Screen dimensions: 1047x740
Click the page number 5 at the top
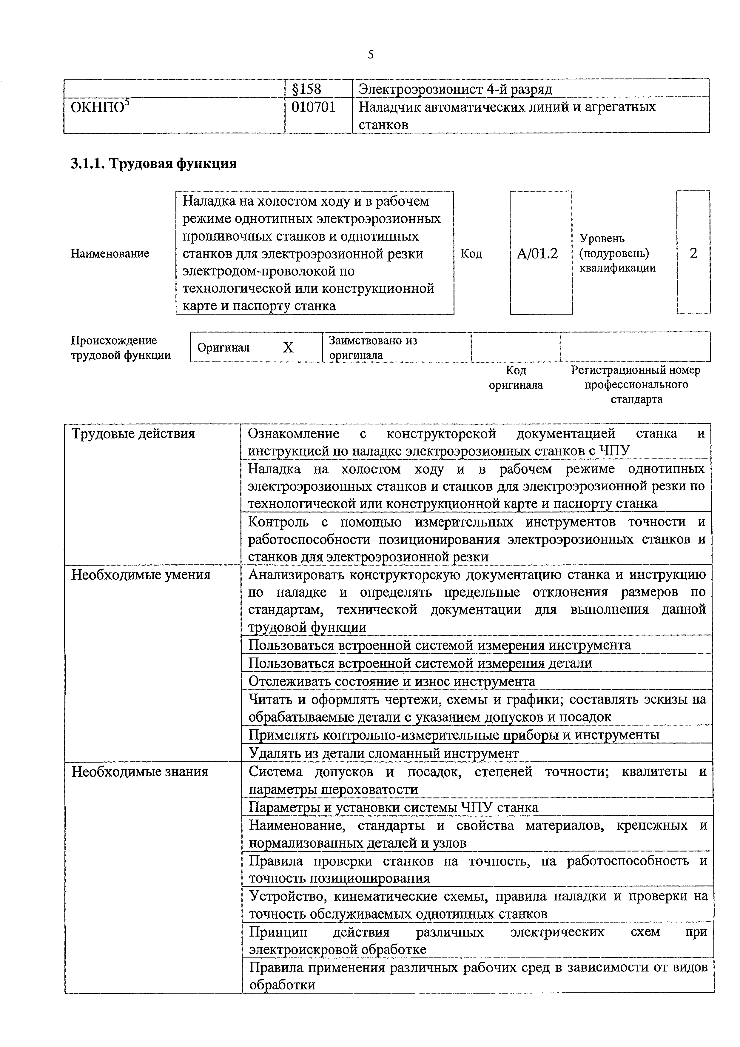click(x=371, y=55)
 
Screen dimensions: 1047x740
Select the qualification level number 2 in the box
click(x=693, y=253)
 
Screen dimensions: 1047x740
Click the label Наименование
click(x=110, y=253)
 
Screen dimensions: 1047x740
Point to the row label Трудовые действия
click(x=133, y=433)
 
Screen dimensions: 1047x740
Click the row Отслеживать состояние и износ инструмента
click(x=392, y=681)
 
